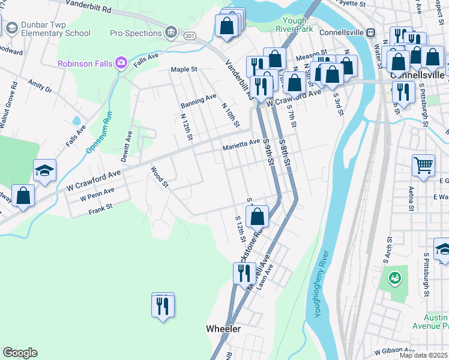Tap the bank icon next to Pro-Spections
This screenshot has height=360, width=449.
coord(171,31)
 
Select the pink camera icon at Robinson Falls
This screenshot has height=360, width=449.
coord(122,62)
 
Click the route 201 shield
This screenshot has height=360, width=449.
coord(190,37)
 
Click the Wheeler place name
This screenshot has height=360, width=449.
coord(223,329)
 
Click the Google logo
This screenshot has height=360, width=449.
coord(20,353)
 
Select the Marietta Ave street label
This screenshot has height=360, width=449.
coord(241,143)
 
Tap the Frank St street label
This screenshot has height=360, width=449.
coord(100,209)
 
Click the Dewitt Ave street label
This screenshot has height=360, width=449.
coord(128,143)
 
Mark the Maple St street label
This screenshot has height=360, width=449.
coord(184,70)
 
